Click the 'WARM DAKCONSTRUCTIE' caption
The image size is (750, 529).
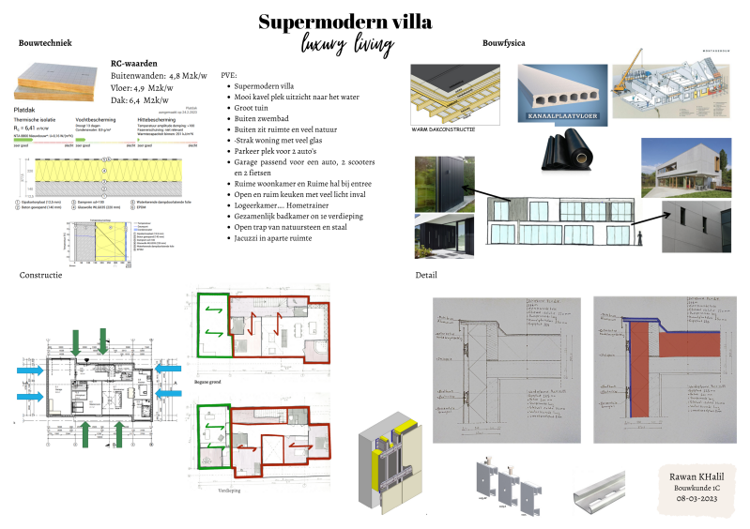tap(443, 128)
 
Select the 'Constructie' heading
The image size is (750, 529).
tap(40, 275)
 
